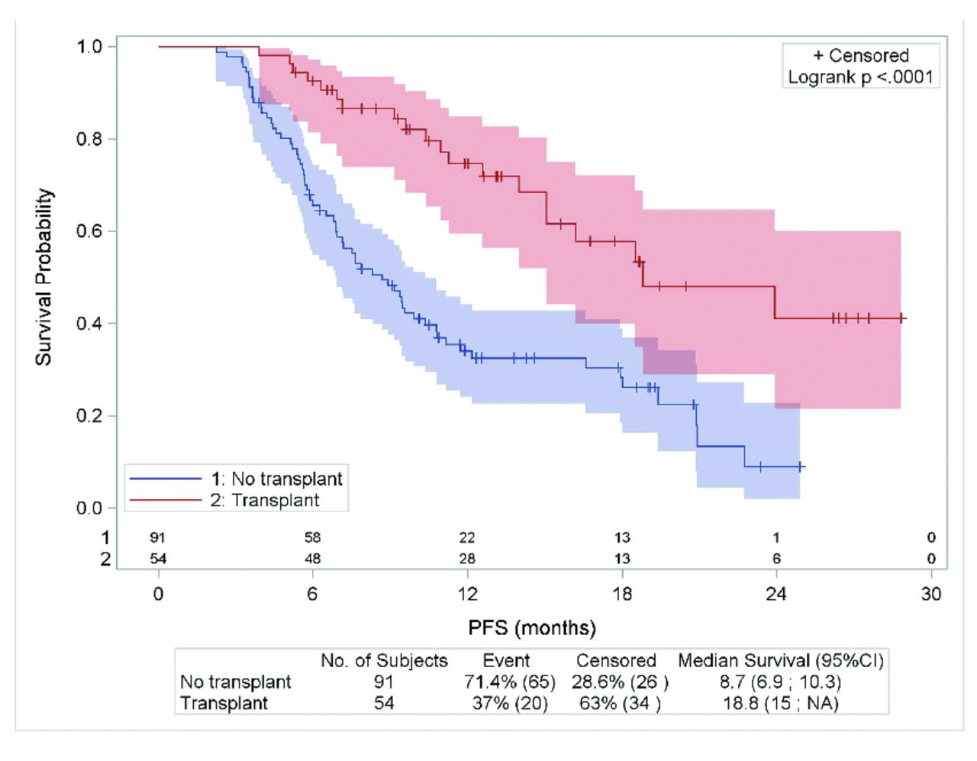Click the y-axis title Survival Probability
[44, 276]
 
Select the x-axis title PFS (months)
[532, 628]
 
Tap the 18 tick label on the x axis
[622, 594]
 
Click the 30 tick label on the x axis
[931, 594]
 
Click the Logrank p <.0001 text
[860, 77]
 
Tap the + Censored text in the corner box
[860, 56]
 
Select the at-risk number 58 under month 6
[312, 537]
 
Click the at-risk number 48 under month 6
[312, 559]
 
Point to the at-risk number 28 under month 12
[467, 559]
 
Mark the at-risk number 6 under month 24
[776, 559]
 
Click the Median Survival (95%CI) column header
[780, 661]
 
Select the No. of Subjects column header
[384, 661]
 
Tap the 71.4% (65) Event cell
[510, 682]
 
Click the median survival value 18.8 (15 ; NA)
[780, 703]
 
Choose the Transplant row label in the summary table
[224, 703]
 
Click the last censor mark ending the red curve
[901, 318]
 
